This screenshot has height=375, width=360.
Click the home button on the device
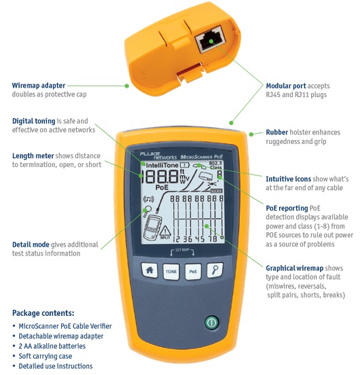[x=149, y=270]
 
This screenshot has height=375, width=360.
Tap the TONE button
[x=171, y=272]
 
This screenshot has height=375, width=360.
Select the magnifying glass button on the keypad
[x=215, y=270]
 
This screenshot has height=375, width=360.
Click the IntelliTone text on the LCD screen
[x=162, y=165]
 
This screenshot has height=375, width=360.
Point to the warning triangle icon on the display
[x=165, y=231]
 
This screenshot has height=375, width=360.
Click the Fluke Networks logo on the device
[x=158, y=156]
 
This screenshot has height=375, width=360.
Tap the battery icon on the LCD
[x=185, y=165]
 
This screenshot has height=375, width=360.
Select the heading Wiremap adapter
[x=39, y=86]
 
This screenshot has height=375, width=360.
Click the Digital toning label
[x=34, y=121]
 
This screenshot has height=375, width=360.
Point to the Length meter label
[x=33, y=156]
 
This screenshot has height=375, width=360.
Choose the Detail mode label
[x=31, y=245]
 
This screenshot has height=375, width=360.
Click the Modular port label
[x=286, y=86]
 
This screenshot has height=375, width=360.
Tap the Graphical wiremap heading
[x=295, y=268]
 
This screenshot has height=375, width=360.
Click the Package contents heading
[x=43, y=313]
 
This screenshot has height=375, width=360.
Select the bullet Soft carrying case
[x=46, y=356]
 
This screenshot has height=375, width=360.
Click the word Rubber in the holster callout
[x=277, y=132]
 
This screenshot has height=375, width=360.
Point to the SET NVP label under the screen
[x=182, y=250]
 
